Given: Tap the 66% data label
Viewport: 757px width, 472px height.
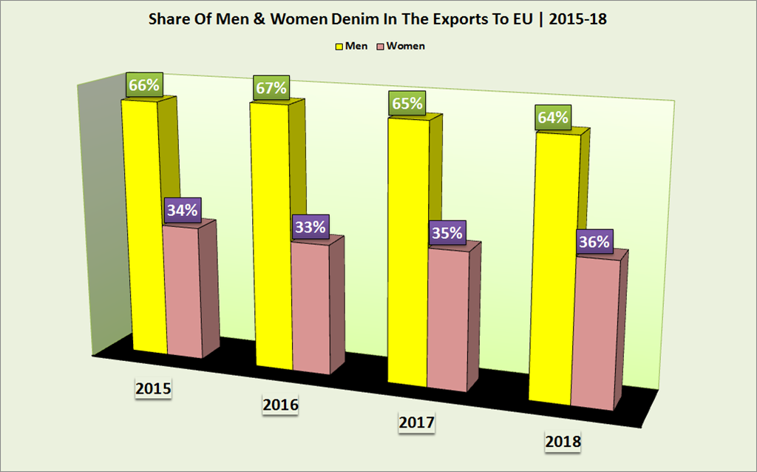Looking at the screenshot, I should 143,85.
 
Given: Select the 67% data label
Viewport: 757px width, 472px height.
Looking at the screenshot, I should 271,89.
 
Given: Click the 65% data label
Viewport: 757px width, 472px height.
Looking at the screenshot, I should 408,104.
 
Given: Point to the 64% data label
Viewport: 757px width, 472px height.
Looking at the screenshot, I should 553,118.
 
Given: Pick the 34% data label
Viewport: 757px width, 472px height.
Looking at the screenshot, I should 182,211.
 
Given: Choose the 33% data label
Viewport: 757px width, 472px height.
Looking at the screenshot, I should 310,227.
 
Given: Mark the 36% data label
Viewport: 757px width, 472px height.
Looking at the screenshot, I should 594,242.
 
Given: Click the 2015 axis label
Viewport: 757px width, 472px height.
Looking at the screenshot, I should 153,388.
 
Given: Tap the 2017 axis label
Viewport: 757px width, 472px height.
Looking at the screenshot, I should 416,423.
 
